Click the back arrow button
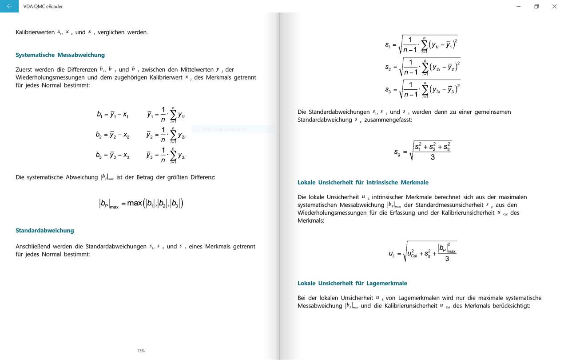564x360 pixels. (9, 6)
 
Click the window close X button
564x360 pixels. (554, 6)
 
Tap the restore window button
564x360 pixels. (536, 6)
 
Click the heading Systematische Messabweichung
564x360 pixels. (60, 55)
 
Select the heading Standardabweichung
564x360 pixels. (44, 230)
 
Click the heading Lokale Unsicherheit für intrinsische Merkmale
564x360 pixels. (363, 182)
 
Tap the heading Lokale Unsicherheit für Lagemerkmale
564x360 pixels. (352, 283)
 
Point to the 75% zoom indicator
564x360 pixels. (141, 351)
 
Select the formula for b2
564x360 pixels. (112, 135)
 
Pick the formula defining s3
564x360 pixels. (422, 89)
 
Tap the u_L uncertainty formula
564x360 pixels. (422, 252)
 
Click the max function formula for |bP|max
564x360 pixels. (141, 204)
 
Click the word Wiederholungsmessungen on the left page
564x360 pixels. (50, 77)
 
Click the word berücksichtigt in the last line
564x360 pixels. (511, 306)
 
